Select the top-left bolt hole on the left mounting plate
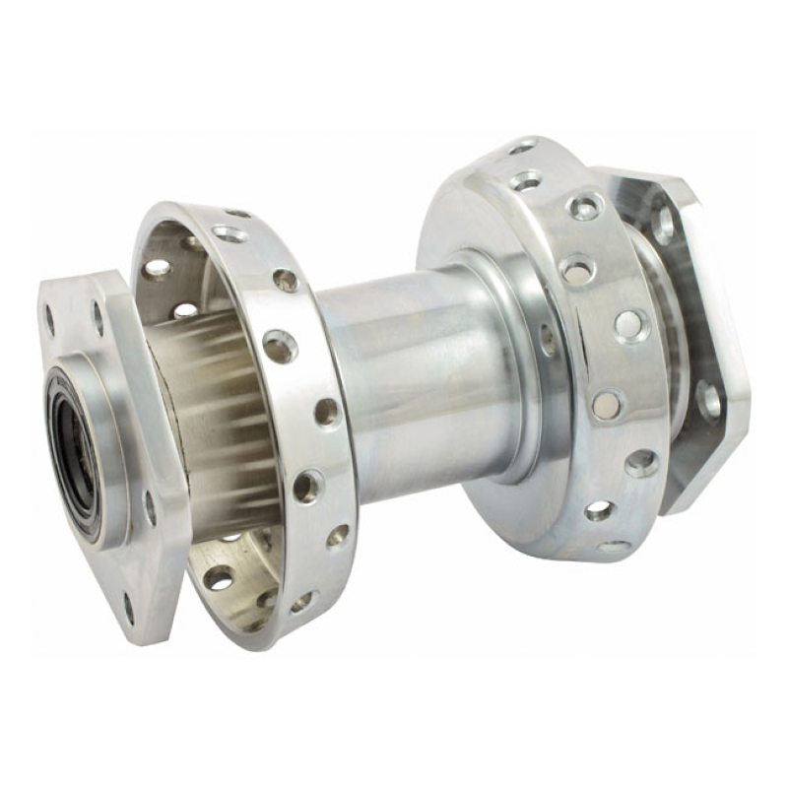(x=49, y=318)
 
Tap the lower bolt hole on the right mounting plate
(x=707, y=399)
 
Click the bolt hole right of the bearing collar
(x=151, y=506)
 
